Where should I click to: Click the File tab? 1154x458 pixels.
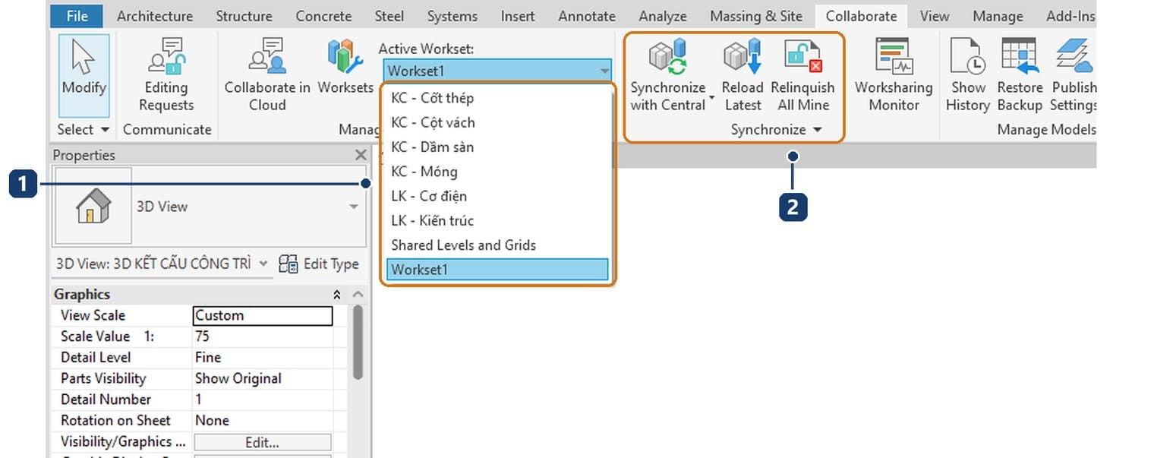pos(77,16)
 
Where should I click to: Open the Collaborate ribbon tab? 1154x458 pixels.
pos(861,16)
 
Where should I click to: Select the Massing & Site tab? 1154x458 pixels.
pos(755,16)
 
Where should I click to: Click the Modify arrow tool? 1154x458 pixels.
pos(84,75)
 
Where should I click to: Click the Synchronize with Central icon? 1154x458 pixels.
pos(667,55)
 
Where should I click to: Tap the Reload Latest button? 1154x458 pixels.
pos(743,74)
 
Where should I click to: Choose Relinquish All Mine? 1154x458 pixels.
pos(802,74)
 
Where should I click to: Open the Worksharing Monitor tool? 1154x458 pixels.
pos(894,74)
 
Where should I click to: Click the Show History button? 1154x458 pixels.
pos(967,74)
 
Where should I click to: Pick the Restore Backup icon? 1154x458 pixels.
pos(1020,55)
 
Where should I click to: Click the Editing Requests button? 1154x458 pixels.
pos(166,74)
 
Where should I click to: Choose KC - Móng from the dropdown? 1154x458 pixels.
pos(424,172)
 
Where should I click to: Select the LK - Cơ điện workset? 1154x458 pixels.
pos(429,196)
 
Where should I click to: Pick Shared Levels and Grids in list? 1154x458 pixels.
pos(463,245)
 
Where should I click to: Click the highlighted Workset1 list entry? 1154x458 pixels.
pos(497,270)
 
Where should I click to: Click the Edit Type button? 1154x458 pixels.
pos(318,264)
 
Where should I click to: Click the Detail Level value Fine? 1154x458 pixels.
pos(208,358)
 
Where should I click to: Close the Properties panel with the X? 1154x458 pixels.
pos(361,155)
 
